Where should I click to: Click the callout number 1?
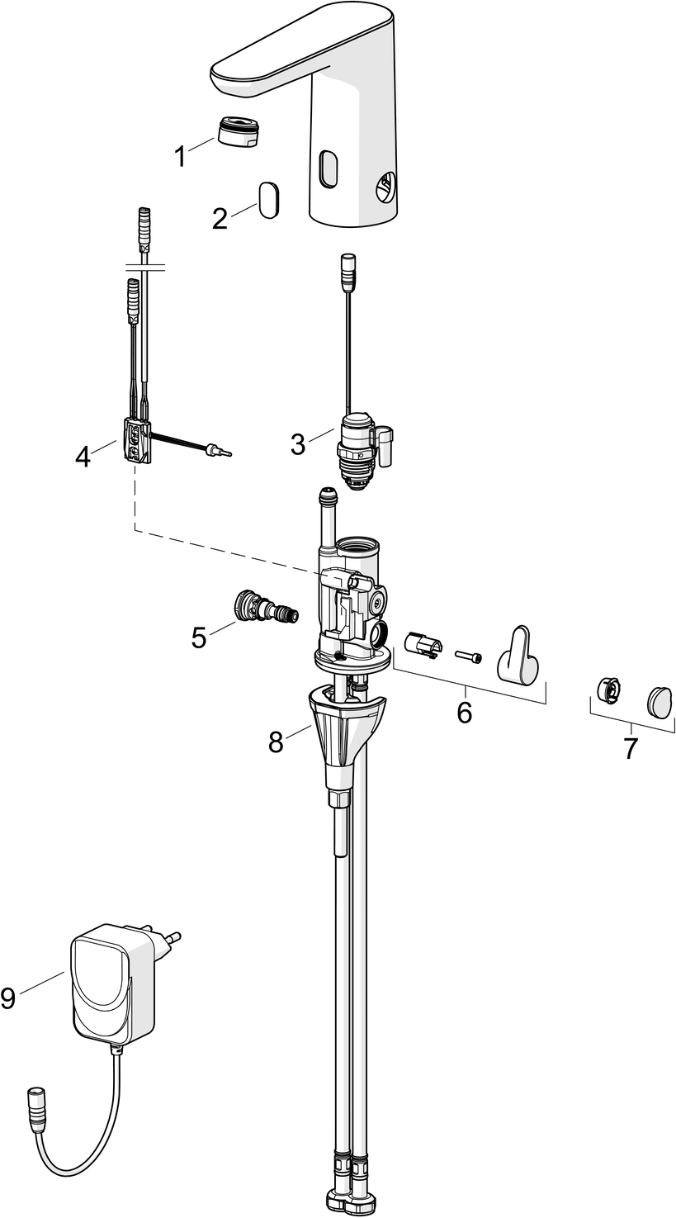pyautogui.click(x=181, y=157)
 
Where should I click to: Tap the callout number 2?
pyautogui.click(x=220, y=219)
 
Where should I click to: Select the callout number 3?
pyautogui.click(x=298, y=444)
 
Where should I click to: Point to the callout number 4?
pyautogui.click(x=83, y=457)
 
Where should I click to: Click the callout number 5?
pyautogui.click(x=199, y=637)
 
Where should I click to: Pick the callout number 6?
pyautogui.click(x=464, y=713)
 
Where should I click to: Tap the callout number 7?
pyautogui.click(x=630, y=749)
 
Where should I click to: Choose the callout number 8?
pyautogui.click(x=276, y=742)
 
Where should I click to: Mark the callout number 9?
pyautogui.click(x=8, y=998)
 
